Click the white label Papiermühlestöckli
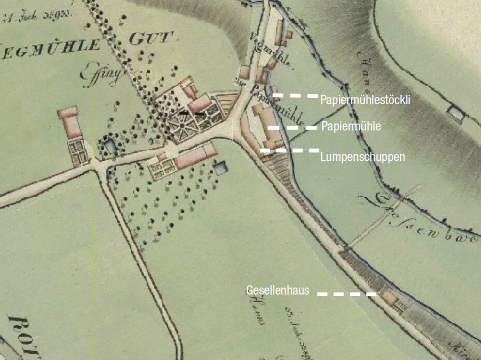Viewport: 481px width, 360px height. tap(365, 100)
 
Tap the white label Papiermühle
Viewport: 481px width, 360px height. tap(351, 127)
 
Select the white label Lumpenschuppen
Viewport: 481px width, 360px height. tap(362, 156)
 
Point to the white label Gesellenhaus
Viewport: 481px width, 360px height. tap(278, 290)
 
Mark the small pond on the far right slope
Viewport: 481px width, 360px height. tap(455, 112)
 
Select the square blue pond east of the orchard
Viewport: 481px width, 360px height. tap(221, 168)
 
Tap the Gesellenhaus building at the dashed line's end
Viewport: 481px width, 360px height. tap(388, 298)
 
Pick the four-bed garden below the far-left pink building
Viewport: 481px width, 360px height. tap(79, 152)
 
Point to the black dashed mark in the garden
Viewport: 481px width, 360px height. tap(192, 112)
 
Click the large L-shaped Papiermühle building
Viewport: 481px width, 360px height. tap(269, 127)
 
